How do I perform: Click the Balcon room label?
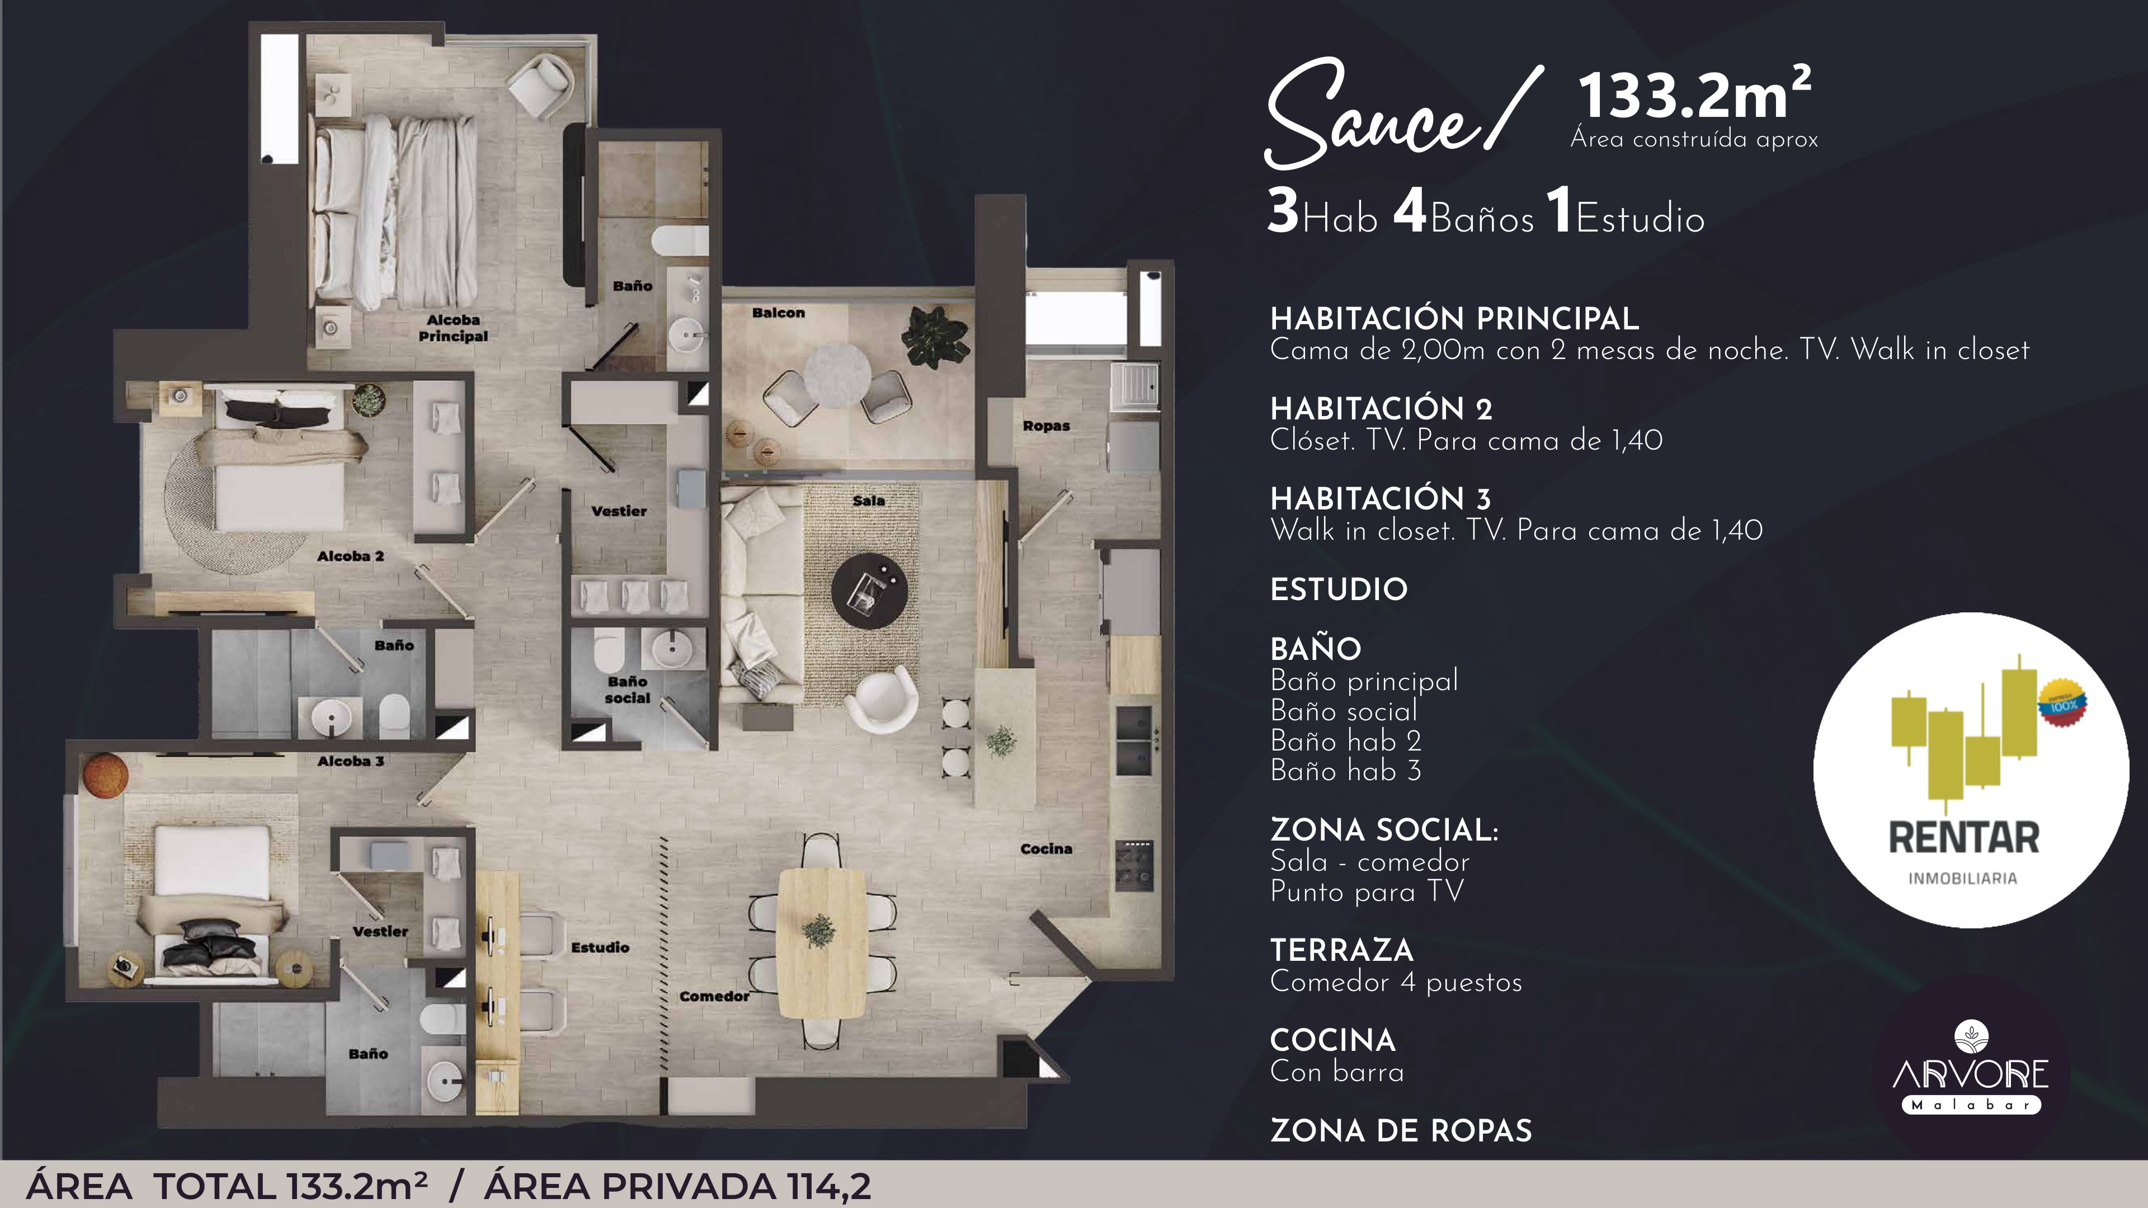coord(778,313)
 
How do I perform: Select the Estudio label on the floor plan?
coord(600,947)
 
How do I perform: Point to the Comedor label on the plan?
coord(714,996)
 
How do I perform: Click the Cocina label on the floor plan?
coord(1045,849)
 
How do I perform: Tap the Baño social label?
coord(627,690)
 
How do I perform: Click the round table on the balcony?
coord(836,374)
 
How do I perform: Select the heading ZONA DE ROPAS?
coord(1401,1131)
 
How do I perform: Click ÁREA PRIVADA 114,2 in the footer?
coord(677,1186)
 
